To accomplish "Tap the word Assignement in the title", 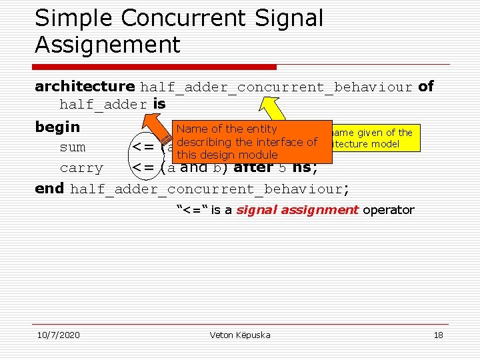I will tap(107, 45).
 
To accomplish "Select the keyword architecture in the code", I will tap(85, 86).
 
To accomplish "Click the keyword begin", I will tap(57, 127).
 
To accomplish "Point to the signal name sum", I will tap(73, 147).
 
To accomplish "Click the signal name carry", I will tap(81, 168).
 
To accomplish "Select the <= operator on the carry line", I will tap(145, 168).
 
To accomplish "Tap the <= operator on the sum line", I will tap(145, 147).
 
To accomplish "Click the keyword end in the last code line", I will tap(49, 189).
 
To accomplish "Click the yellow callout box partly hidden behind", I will tap(373, 138).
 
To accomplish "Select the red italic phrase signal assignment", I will tap(297, 210).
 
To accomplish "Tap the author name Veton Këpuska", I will tap(240, 335).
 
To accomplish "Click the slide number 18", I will tap(438, 335).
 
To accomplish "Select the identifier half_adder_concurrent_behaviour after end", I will tap(206, 189).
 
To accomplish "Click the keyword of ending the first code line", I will tap(425, 86).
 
